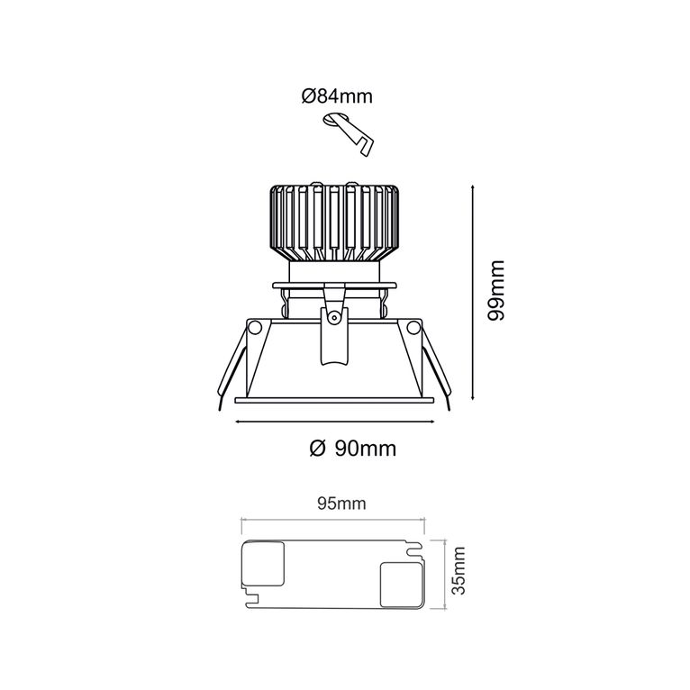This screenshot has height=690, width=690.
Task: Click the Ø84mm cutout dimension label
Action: click(x=337, y=95)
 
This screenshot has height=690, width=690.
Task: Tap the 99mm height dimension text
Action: click(x=497, y=290)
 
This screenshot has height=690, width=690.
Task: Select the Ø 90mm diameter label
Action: click(x=353, y=449)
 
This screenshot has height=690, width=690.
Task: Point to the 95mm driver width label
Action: click(x=341, y=503)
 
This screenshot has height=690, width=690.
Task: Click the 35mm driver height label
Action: click(x=458, y=571)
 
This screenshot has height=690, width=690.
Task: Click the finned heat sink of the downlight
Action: click(x=334, y=222)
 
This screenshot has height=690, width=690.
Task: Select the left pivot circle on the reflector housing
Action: click(x=254, y=327)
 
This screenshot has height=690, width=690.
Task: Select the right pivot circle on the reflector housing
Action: click(x=413, y=327)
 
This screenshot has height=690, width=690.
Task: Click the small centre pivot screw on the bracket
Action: click(x=334, y=316)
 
